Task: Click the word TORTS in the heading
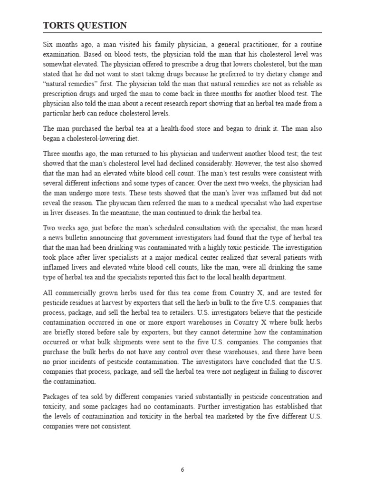(59, 26)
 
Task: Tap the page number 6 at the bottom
(182, 469)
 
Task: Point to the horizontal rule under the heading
(182, 33)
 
